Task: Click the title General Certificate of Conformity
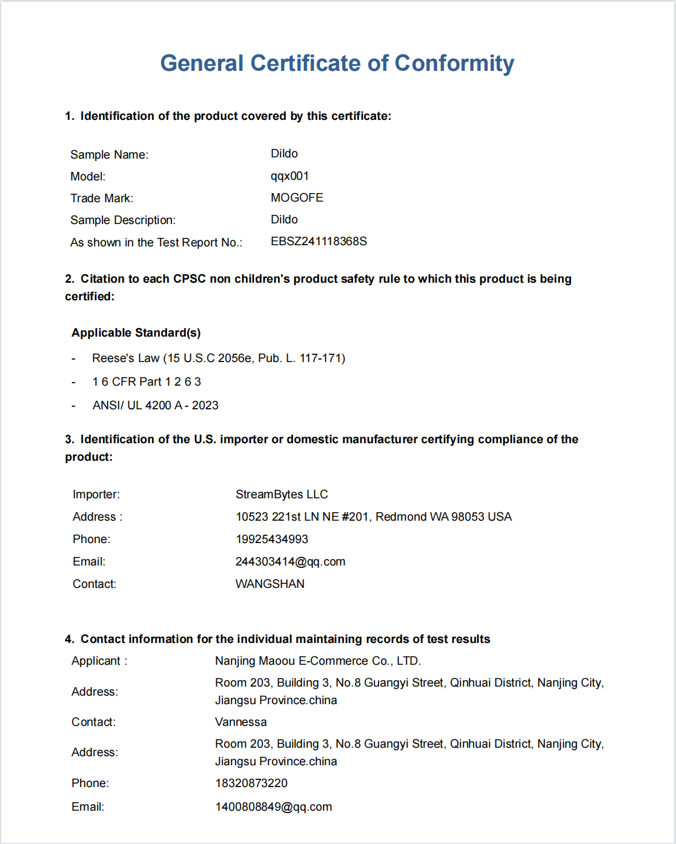point(337,63)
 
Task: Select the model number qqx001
point(290,176)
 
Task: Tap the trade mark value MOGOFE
point(297,198)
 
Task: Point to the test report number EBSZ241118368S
point(319,242)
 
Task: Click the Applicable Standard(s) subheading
point(136,333)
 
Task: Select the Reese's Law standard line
point(219,358)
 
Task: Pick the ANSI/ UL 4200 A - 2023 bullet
point(156,406)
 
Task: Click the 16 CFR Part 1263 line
point(147,382)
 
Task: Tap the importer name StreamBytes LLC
point(282,495)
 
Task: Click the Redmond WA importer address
point(373,517)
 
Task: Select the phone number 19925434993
point(272,539)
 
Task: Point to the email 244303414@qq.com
point(290,562)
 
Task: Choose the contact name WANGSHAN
point(270,584)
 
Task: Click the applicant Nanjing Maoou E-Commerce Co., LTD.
point(318,661)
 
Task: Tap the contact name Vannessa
point(241,722)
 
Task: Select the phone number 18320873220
point(251,783)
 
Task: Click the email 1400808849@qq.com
point(274,807)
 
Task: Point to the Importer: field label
point(96,495)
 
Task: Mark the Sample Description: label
point(123,220)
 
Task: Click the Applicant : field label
point(99,661)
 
